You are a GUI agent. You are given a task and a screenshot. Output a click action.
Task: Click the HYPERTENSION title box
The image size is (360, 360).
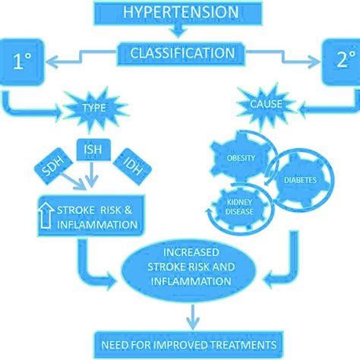[180, 11]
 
